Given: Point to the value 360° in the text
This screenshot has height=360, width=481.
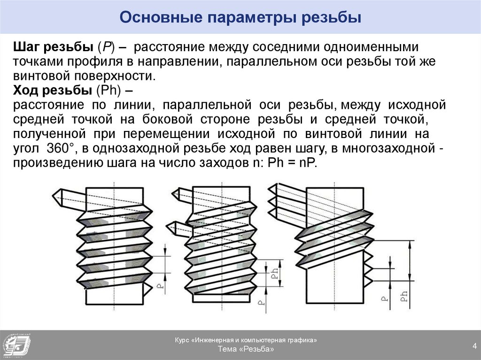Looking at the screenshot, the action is (x=60, y=148).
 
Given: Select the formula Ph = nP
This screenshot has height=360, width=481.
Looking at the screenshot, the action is (x=292, y=162).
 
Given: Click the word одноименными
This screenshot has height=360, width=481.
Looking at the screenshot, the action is (x=371, y=47).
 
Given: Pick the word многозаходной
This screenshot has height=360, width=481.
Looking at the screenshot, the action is (x=388, y=149).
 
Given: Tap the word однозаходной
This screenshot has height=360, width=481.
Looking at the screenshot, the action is (x=136, y=149).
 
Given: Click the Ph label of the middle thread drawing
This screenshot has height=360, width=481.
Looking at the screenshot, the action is (x=275, y=272).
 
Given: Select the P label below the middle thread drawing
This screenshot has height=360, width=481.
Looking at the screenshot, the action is (x=261, y=302).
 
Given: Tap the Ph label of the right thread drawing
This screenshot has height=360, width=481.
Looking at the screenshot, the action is (x=404, y=296).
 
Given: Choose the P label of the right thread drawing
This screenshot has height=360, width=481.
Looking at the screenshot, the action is (x=384, y=298).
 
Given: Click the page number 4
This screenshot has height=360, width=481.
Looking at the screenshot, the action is (x=474, y=346).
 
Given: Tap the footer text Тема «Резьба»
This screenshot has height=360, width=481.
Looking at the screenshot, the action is (x=246, y=349).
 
